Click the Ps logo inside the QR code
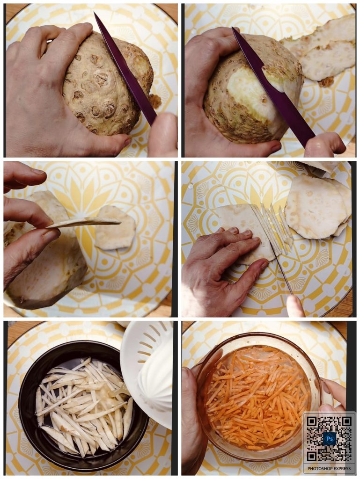click(x=330, y=439)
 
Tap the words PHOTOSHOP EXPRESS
click(x=329, y=469)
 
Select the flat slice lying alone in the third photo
click(x=115, y=227)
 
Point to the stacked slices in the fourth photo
click(x=318, y=206)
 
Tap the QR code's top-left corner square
click(x=312, y=422)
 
